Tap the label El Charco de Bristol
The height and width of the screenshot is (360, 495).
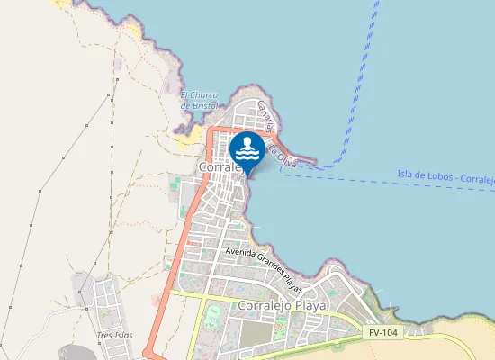(x=199, y=100)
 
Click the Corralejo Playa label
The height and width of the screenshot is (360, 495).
(x=283, y=306)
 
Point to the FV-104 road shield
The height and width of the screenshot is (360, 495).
(x=382, y=332)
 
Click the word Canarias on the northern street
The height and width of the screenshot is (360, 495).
(x=264, y=116)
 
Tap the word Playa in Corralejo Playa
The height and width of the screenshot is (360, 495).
(x=310, y=306)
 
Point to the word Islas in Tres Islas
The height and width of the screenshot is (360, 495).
(x=123, y=336)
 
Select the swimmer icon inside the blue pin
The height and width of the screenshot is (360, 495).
(x=247, y=147)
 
